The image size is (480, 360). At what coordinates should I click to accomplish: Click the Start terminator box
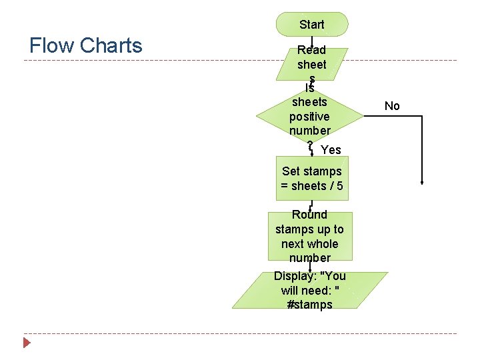[x=312, y=24]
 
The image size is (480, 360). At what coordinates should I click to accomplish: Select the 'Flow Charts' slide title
[x=86, y=45]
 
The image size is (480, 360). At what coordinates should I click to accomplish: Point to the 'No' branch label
[x=392, y=106]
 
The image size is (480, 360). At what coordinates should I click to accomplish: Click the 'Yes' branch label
[x=331, y=150]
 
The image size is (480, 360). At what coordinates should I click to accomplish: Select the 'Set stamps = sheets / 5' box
[x=312, y=179]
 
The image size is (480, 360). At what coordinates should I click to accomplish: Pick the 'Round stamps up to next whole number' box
[x=310, y=236]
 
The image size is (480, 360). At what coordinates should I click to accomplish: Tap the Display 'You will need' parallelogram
[x=310, y=291]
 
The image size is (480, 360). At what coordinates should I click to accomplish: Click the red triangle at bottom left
[x=27, y=343]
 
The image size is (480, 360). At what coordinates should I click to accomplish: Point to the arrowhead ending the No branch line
[x=423, y=181]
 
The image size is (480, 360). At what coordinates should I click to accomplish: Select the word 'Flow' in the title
[x=52, y=45]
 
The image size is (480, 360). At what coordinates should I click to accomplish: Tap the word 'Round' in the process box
[x=310, y=215]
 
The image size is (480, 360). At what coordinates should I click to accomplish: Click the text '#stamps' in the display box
[x=309, y=305]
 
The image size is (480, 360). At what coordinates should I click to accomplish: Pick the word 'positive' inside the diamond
[x=309, y=117]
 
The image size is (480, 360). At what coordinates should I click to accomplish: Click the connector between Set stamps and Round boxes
[x=311, y=205]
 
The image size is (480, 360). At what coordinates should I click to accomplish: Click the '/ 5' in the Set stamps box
[x=336, y=186]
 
